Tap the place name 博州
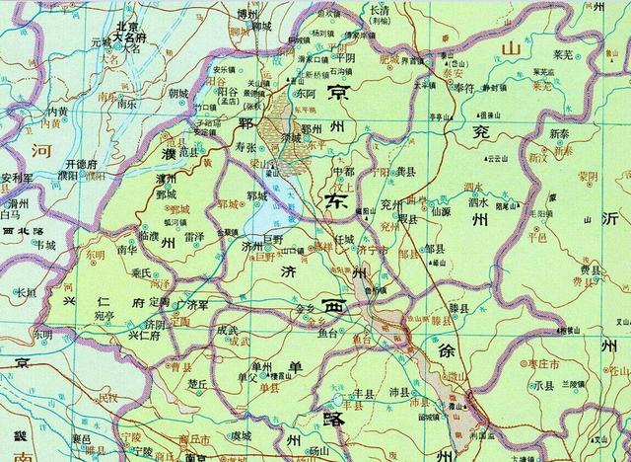[x=254, y=15]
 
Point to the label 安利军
[x=18, y=179]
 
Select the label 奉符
[x=463, y=87]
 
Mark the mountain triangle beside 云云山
[x=480, y=156]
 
